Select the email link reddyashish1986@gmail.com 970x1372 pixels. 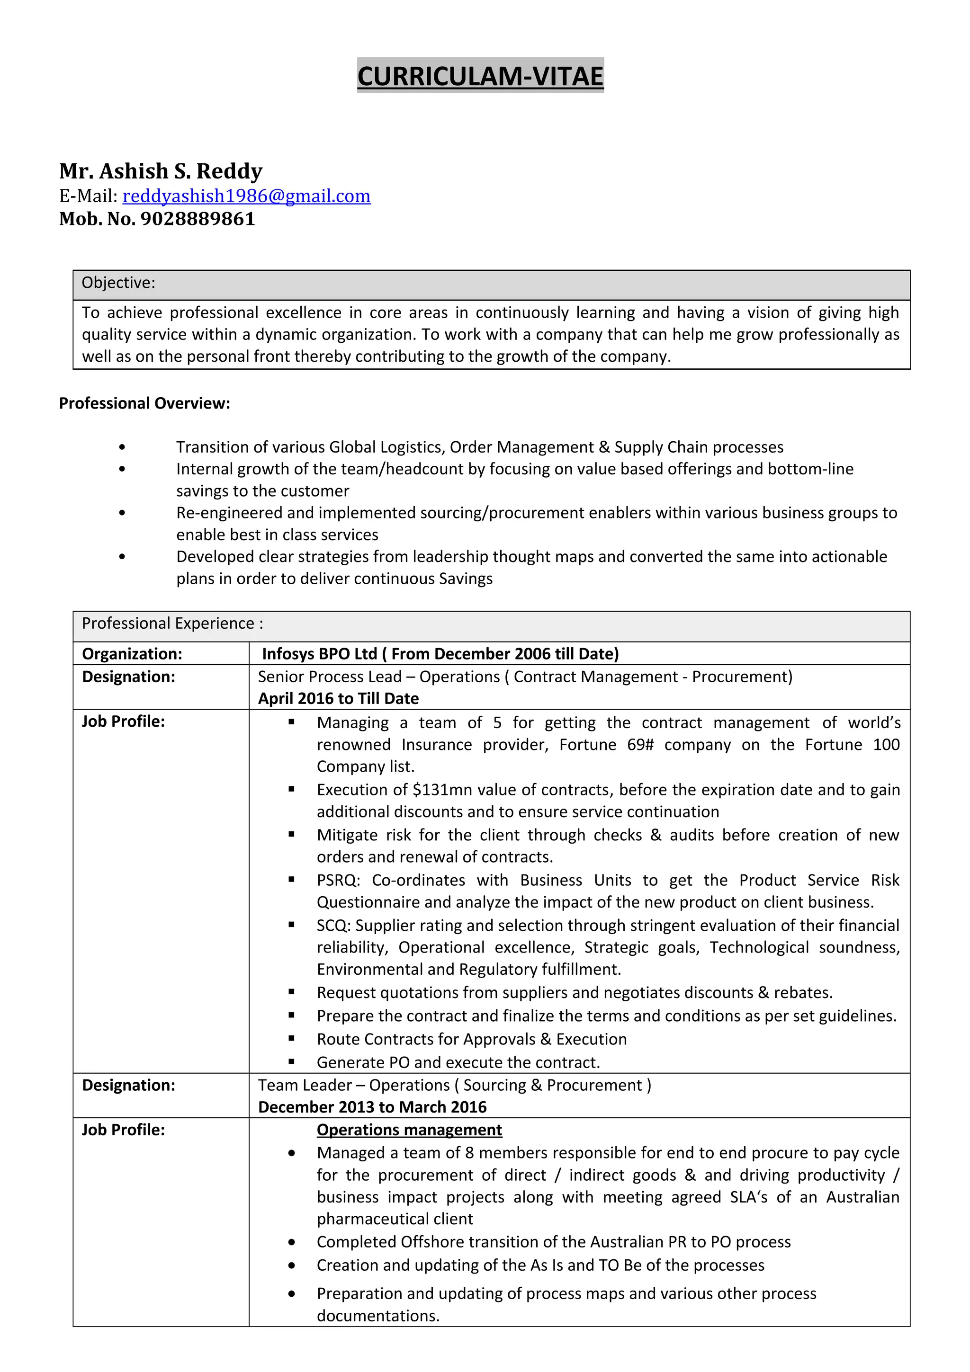click(246, 196)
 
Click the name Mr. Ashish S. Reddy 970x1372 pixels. click(161, 171)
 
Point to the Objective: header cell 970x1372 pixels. click(118, 283)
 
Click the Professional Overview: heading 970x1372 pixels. click(144, 403)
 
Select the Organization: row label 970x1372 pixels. click(132, 654)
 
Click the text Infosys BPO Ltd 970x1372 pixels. click(320, 654)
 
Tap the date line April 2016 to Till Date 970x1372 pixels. click(338, 699)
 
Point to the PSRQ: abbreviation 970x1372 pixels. click(338, 880)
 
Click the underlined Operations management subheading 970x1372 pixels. click(409, 1130)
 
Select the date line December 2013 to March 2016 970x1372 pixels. click(372, 1107)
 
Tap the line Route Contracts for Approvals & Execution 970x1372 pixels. click(472, 1039)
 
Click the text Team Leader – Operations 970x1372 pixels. click(353, 1085)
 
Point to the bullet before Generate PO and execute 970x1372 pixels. click(292, 1062)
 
